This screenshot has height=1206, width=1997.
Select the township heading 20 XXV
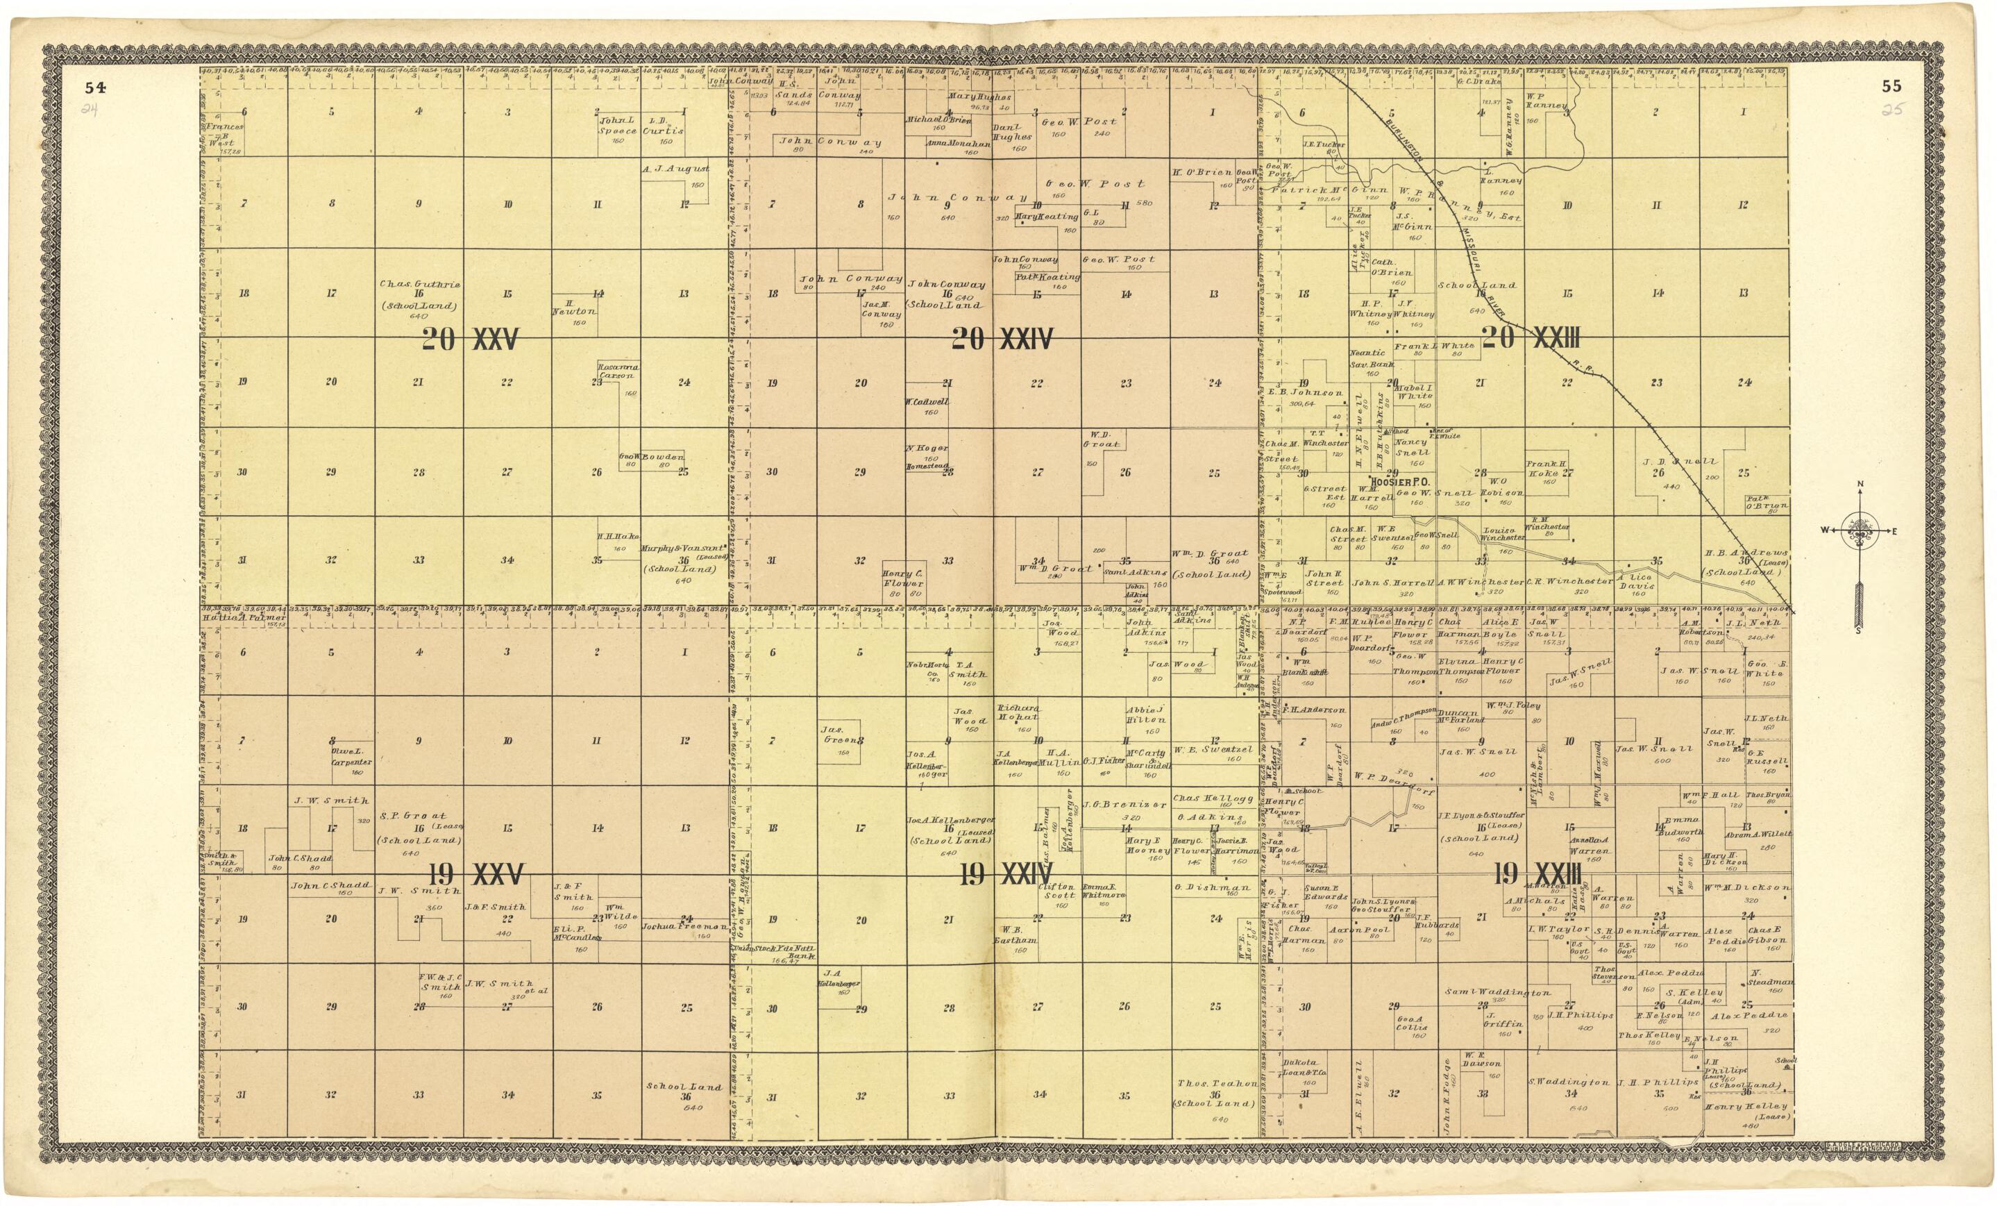(469, 341)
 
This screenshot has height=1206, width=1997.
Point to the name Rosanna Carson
(618, 372)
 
